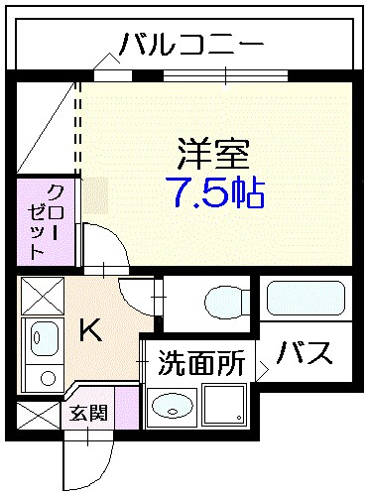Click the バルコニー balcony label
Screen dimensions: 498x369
tap(190, 44)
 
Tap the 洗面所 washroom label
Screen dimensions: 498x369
tap(201, 363)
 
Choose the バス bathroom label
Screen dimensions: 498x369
tap(304, 354)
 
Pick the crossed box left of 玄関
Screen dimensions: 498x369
tap(38, 415)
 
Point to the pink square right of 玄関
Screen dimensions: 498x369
tap(126, 409)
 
